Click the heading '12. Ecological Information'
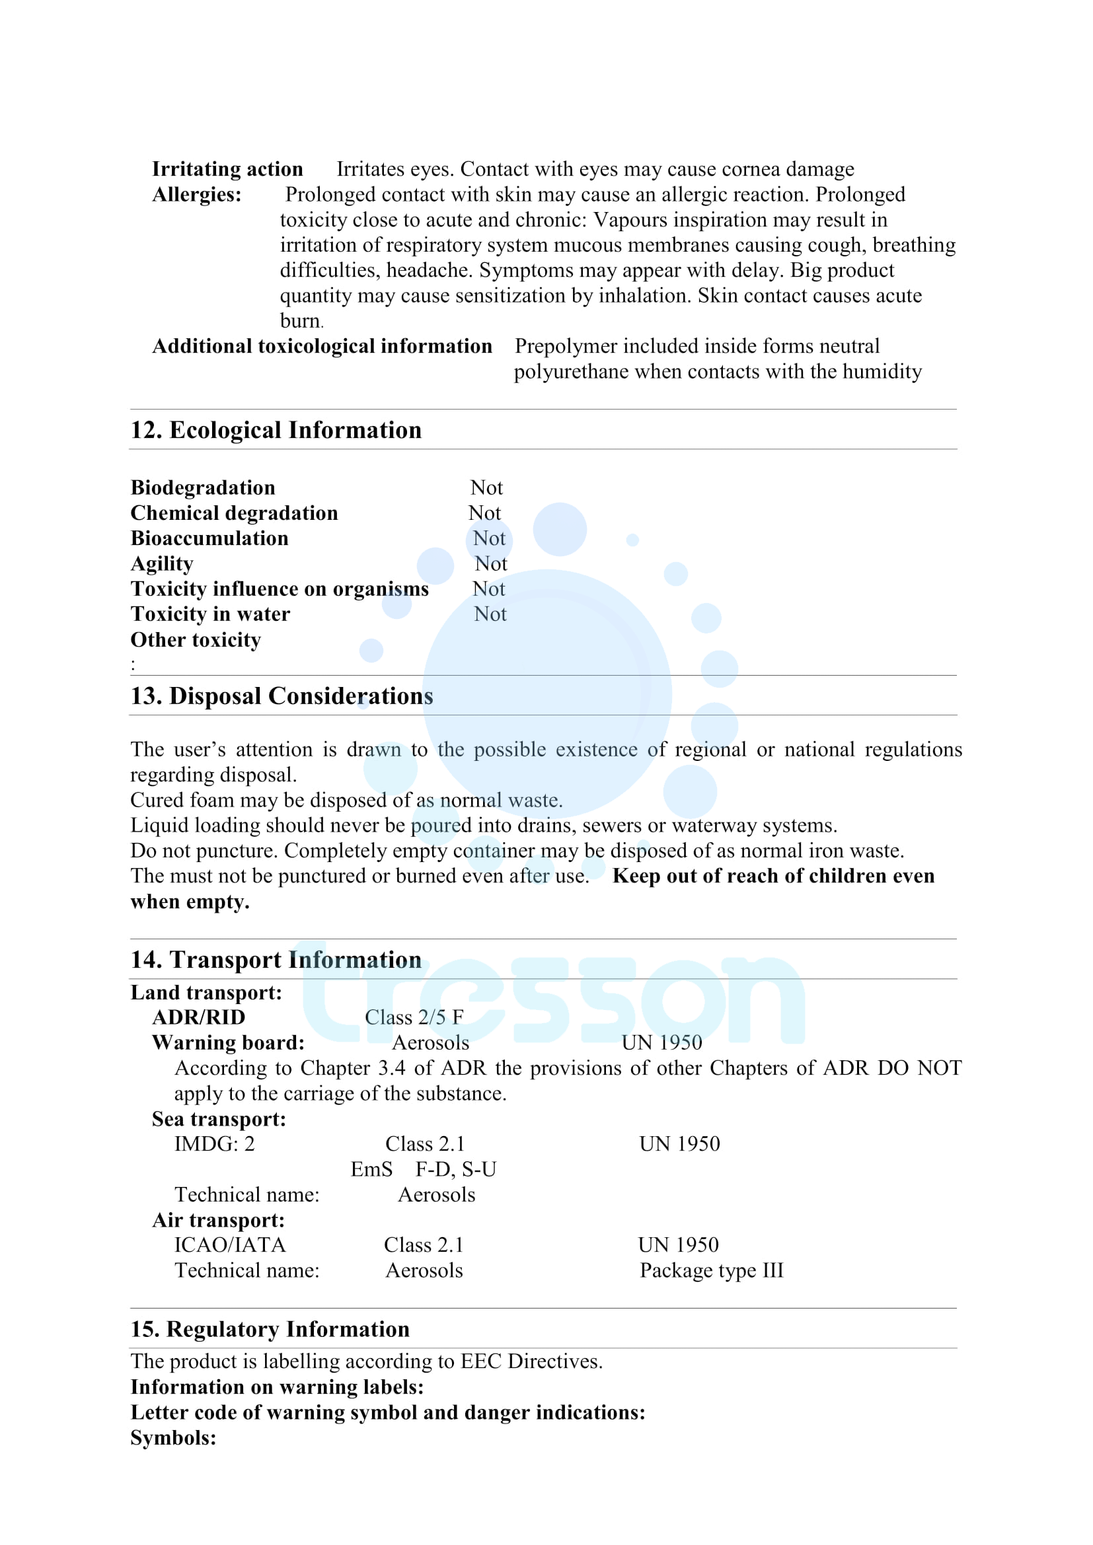[x=276, y=430]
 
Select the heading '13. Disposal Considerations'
[x=282, y=696]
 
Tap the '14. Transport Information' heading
[x=276, y=960]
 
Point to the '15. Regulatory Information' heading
[x=270, y=1329]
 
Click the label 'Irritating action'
[x=227, y=169]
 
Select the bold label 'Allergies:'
[x=196, y=194]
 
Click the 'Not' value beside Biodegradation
[x=486, y=488]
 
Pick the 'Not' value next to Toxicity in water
[x=490, y=614]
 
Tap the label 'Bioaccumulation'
[x=209, y=538]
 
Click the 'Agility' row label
[x=161, y=563]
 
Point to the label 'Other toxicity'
[x=195, y=639]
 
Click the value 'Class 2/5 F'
[x=414, y=1017]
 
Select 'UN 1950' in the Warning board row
[x=661, y=1042]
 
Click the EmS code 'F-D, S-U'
[x=456, y=1169]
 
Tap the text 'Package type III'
[x=712, y=1270]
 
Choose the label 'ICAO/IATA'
[x=230, y=1245]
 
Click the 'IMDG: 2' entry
[x=215, y=1143]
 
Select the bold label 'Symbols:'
[x=173, y=1438]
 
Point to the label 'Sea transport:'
[x=219, y=1118]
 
